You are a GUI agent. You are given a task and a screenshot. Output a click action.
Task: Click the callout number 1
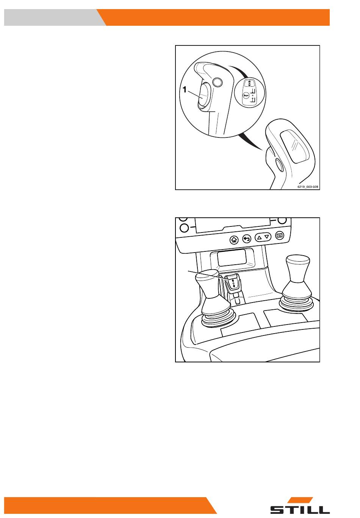(185, 89)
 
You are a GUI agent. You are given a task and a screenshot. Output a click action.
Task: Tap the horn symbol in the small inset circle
(245, 95)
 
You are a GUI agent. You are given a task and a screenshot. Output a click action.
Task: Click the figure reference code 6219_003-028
(307, 187)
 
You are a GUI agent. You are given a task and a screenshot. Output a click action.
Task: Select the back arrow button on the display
(247, 239)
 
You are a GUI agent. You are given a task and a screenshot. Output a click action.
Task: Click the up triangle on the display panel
(259, 237)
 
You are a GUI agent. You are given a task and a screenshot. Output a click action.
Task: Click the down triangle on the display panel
(267, 237)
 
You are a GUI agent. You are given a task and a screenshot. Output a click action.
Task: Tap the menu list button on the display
(280, 236)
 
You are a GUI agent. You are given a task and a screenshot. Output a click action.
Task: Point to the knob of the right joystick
(297, 269)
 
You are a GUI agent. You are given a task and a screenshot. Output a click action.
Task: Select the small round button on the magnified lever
(217, 82)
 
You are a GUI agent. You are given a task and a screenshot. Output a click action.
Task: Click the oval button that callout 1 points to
(203, 95)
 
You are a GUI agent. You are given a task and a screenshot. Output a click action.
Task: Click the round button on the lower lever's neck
(279, 165)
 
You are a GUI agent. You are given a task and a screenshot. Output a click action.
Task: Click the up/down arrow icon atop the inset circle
(249, 83)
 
